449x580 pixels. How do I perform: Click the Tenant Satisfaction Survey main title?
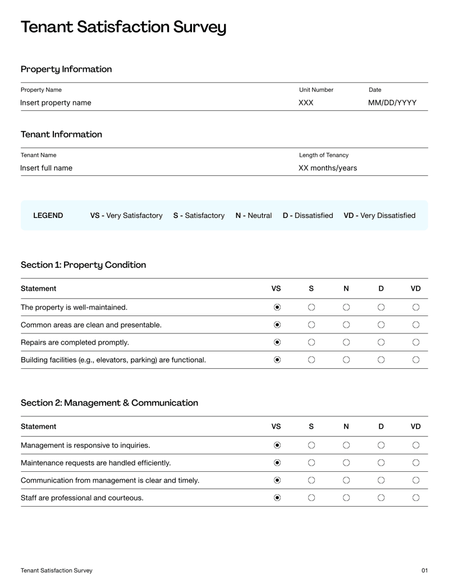click(123, 27)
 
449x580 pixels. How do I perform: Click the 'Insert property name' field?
click(56, 103)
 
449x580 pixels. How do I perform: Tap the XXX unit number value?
click(306, 103)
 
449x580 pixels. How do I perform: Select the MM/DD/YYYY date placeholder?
click(392, 103)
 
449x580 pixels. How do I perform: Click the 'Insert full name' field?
click(46, 168)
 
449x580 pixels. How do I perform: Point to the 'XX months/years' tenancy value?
click(327, 168)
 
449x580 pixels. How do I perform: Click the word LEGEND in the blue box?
click(48, 215)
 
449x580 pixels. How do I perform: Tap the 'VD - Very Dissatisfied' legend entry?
click(379, 215)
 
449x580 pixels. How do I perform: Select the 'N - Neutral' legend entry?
click(254, 215)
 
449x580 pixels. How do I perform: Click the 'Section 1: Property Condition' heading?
click(83, 265)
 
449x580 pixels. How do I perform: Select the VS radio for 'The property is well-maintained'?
click(277, 307)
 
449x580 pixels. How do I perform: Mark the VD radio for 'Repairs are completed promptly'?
click(416, 342)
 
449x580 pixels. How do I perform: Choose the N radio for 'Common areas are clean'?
click(346, 324)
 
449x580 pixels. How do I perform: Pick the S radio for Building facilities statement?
click(311, 360)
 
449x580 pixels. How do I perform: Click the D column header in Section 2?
click(381, 426)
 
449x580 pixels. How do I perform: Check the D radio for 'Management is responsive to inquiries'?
click(381, 445)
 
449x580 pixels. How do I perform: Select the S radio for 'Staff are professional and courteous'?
click(311, 498)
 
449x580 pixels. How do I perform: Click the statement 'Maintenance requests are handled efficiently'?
click(95, 463)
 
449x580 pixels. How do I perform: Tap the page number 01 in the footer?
click(424, 570)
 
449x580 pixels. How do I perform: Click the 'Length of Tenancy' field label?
click(324, 155)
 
